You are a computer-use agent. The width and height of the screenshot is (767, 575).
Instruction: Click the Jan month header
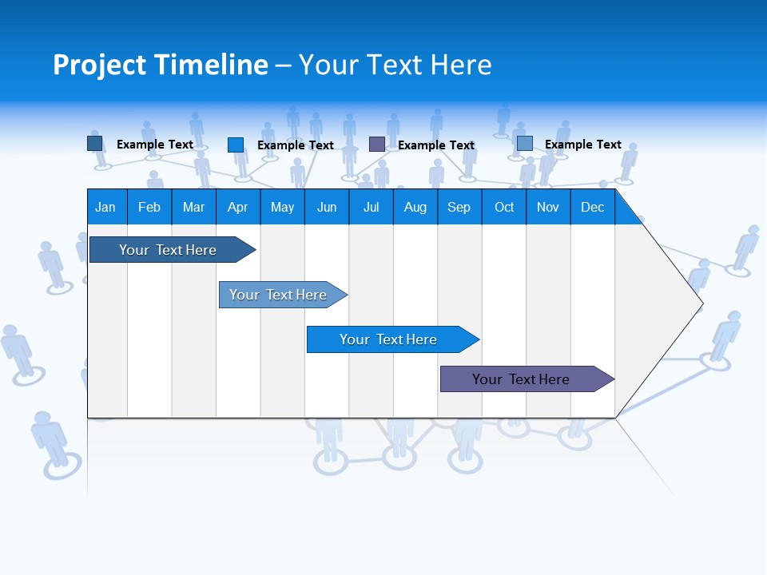(x=106, y=207)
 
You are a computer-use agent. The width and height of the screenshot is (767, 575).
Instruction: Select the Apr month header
(x=237, y=207)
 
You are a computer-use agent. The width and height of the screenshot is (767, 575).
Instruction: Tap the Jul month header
(x=371, y=207)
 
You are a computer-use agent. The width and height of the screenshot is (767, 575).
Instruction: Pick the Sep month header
(x=459, y=207)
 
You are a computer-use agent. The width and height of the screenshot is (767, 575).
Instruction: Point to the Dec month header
(x=592, y=207)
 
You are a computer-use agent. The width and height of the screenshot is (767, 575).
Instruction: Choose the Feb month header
(x=149, y=207)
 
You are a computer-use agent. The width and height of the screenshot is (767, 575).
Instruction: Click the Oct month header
(x=504, y=207)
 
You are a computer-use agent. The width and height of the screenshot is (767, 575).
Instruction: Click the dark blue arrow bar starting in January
(x=168, y=250)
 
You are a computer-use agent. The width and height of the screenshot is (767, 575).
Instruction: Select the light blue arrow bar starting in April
(x=278, y=295)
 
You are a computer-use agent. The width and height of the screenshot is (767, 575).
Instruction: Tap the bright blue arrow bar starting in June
(x=388, y=339)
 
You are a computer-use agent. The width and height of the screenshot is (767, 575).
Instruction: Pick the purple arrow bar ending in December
(x=521, y=379)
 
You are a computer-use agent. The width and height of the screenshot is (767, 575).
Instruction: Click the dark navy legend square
(x=95, y=144)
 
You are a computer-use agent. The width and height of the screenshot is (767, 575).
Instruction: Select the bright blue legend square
(x=236, y=145)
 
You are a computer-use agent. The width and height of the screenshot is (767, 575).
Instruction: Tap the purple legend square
(x=377, y=145)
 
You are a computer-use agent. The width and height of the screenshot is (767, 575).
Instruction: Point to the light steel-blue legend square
(x=525, y=144)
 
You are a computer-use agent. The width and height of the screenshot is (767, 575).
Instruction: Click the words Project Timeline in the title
(x=160, y=65)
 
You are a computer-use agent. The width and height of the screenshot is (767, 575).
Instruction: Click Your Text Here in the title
(x=395, y=65)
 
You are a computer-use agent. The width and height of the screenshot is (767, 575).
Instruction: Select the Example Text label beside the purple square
(x=436, y=145)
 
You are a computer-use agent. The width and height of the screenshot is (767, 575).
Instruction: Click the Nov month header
(x=548, y=207)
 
